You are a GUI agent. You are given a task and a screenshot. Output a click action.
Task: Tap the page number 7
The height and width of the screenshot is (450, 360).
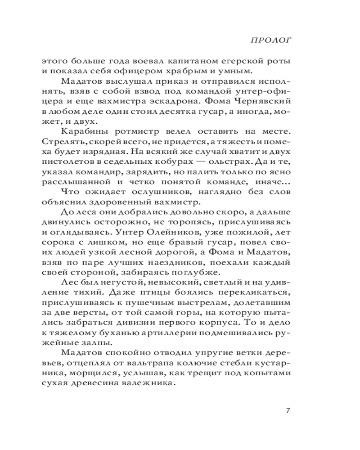point(288,410)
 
